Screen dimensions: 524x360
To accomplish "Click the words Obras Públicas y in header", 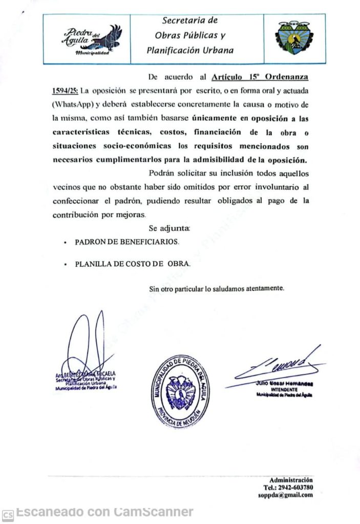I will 190,36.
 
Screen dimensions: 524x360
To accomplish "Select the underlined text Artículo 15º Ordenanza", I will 260,77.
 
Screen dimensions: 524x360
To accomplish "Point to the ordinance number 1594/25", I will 65,91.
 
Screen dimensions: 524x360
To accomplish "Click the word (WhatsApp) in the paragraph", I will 73,104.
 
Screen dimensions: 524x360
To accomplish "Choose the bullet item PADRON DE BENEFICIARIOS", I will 127,241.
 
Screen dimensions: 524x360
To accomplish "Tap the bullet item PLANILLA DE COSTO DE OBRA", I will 133,264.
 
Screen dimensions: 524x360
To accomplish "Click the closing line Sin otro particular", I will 216,289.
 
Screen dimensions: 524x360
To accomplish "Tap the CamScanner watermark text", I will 104,511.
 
